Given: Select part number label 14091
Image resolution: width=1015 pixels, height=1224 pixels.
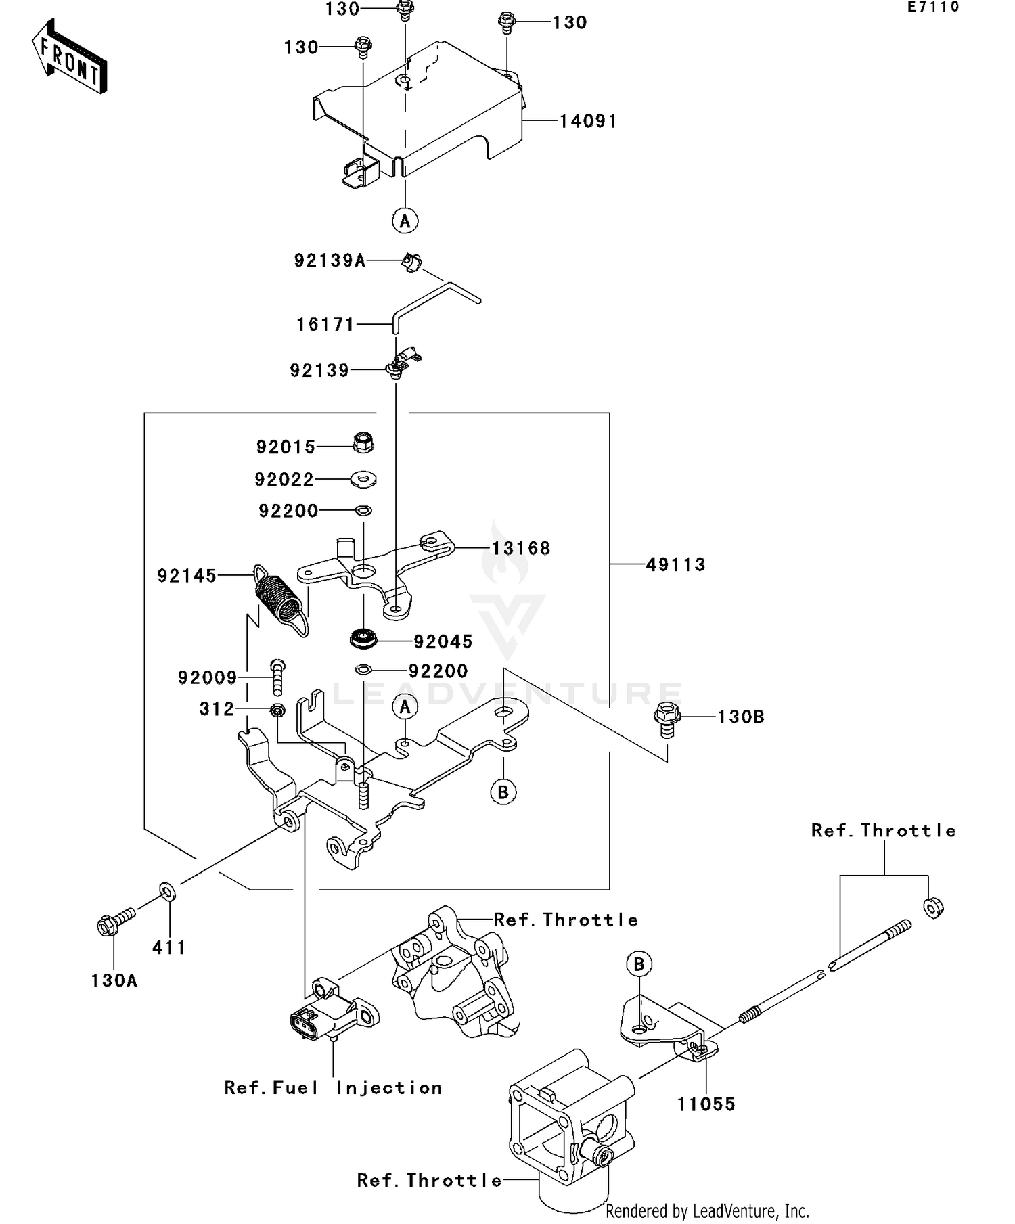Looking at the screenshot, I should [x=588, y=122].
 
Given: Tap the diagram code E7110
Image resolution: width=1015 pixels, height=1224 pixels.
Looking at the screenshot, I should [x=933, y=7].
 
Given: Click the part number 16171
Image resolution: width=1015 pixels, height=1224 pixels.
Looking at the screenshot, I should [x=325, y=325].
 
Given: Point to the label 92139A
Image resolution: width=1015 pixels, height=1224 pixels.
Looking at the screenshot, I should [x=330, y=261].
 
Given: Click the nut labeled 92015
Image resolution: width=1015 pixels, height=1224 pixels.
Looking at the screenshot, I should [x=363, y=444].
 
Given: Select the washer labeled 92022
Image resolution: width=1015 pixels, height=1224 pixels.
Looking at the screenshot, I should [x=363, y=480].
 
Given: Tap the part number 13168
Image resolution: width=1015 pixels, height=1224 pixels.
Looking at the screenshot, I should [x=521, y=549].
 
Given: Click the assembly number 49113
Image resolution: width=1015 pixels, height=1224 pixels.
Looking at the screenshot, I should [x=675, y=565].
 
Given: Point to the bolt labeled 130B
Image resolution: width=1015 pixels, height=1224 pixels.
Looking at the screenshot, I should [x=667, y=719].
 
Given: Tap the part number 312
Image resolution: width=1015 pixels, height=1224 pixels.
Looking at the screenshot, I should [x=217, y=709].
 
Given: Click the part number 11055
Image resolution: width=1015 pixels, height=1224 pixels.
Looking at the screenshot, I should [x=706, y=1104].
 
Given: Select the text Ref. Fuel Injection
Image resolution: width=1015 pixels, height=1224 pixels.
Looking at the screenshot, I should [x=333, y=1088].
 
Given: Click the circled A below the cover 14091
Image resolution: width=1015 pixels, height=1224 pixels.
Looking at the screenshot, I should [x=405, y=221].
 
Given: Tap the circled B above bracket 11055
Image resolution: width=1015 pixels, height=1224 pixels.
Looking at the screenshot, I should [x=639, y=964].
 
